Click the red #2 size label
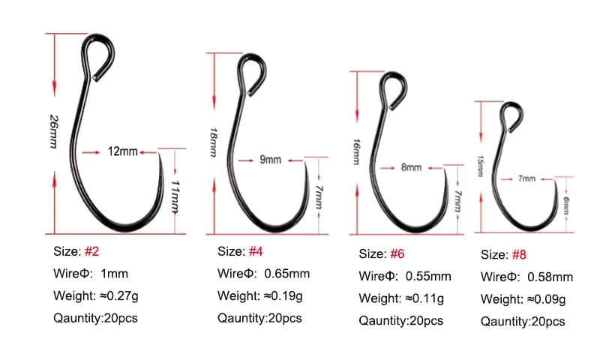coord(92,250)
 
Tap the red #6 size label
coord(397,253)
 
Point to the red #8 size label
coord(519,255)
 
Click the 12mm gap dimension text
coord(122,151)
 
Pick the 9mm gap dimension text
coord(270,159)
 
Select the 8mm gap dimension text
coord(411,168)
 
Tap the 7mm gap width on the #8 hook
coord(526,178)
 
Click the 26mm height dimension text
coord(53,132)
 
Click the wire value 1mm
coord(112,273)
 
